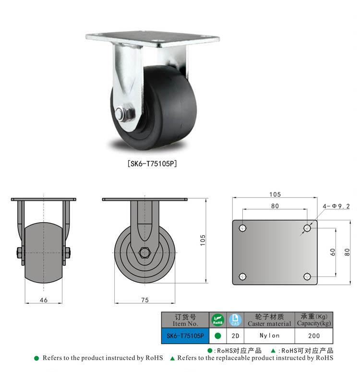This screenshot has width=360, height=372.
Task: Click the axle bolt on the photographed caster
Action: [122, 114]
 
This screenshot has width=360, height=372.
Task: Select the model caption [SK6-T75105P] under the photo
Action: [152, 164]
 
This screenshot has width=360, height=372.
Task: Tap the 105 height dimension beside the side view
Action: [203, 240]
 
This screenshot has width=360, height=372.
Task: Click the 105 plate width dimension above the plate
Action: [275, 194]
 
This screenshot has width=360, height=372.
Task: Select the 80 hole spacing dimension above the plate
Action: [275, 206]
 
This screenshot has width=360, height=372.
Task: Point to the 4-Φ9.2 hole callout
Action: [336, 206]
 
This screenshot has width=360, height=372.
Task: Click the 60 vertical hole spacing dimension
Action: [333, 252]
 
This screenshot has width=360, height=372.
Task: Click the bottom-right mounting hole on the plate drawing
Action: [307, 276]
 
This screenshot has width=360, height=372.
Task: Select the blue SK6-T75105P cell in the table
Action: [185, 336]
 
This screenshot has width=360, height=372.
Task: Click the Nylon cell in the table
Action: [269, 336]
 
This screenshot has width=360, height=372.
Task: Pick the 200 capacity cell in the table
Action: [313, 336]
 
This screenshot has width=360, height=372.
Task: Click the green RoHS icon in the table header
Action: [217, 320]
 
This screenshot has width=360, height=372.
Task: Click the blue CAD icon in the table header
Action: [235, 320]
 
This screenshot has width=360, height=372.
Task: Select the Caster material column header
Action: [269, 320]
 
